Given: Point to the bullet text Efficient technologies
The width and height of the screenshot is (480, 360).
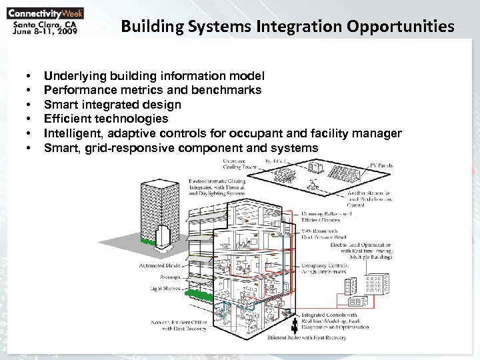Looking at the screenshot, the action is (x=106, y=119).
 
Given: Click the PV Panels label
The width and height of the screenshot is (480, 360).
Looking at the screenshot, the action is (x=384, y=165).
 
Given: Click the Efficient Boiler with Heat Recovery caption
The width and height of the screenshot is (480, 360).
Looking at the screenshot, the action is (x=307, y=338).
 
